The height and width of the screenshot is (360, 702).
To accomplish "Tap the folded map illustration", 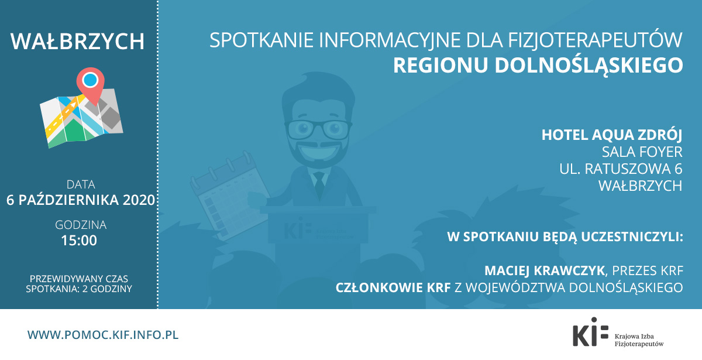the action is (x=81, y=118).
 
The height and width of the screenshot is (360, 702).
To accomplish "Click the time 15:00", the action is (x=79, y=241).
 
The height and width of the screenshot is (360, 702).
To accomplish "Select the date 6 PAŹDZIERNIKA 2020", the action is (x=81, y=200).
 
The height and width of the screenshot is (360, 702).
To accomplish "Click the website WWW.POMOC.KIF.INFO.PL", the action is (x=103, y=335).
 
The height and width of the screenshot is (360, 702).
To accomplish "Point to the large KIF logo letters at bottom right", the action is (x=590, y=332).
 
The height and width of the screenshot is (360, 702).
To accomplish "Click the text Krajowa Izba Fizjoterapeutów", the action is (x=639, y=340).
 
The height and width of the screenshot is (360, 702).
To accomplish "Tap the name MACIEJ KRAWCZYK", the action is (x=545, y=270).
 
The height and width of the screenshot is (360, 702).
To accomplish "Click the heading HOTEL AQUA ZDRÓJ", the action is (x=612, y=135).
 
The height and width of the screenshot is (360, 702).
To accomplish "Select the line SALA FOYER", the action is (x=642, y=152).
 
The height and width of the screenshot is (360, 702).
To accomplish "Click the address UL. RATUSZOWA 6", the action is (x=621, y=169).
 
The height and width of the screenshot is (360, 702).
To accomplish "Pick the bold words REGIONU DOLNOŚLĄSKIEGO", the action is (x=538, y=65).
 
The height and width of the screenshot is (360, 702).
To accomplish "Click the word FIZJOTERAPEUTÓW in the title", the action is (x=595, y=40).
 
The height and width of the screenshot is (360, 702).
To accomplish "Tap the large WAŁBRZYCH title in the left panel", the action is (x=77, y=41).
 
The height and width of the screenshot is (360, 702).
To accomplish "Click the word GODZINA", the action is (x=81, y=225).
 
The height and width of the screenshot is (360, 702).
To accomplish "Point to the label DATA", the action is (x=81, y=184).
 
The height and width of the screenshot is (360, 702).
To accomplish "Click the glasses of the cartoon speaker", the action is (x=318, y=129).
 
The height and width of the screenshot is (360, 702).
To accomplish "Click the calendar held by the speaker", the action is (x=229, y=196).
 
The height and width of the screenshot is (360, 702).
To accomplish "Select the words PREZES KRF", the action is (x=648, y=270).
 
